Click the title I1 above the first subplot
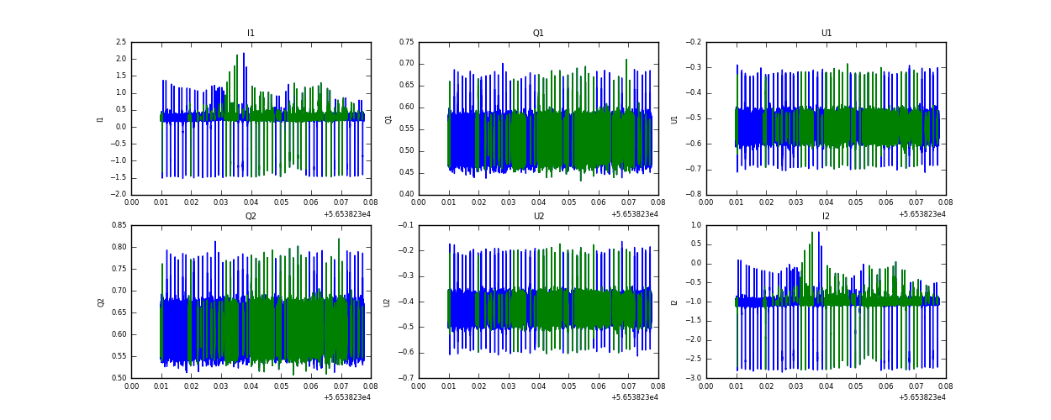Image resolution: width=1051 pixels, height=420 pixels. (x=251, y=34)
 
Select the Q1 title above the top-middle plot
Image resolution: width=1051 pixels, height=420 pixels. (x=538, y=34)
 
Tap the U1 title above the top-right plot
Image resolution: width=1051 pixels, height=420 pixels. (x=826, y=34)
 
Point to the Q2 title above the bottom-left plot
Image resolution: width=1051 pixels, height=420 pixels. (x=251, y=217)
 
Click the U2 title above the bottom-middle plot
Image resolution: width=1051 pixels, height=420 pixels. (x=538, y=217)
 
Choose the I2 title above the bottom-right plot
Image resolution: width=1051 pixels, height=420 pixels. (x=826, y=217)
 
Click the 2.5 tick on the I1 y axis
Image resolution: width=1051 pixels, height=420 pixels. (x=121, y=42)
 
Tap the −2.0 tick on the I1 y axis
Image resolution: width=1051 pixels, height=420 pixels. (x=119, y=195)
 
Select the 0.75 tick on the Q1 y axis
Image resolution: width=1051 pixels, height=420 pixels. (x=406, y=42)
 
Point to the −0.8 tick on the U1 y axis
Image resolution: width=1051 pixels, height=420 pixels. (x=694, y=195)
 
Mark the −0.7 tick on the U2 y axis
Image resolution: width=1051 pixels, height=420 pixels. (x=406, y=378)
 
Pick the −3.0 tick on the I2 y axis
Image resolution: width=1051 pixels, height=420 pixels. (x=694, y=378)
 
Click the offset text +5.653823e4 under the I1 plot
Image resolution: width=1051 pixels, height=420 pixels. (x=347, y=214)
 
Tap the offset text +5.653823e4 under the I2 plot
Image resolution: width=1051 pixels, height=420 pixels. (x=922, y=397)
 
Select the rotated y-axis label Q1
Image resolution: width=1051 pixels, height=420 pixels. (x=389, y=118)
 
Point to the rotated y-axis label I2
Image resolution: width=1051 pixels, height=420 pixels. (x=674, y=302)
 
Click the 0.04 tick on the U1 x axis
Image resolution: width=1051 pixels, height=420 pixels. (x=826, y=202)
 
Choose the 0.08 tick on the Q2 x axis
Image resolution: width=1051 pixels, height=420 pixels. (x=371, y=386)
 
